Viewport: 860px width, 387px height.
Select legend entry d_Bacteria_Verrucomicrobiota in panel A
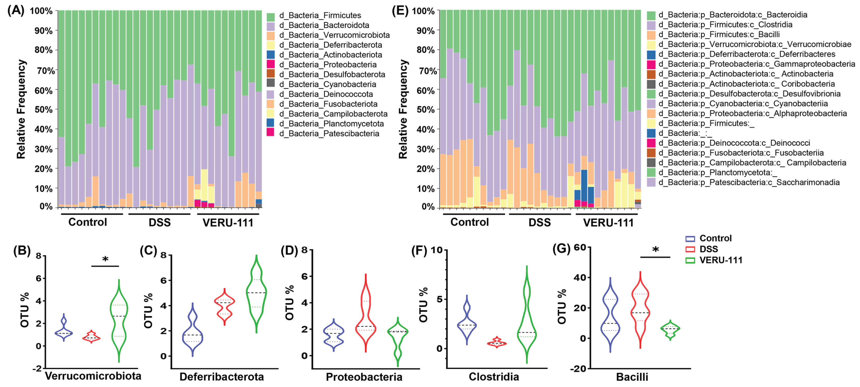pos(334,35)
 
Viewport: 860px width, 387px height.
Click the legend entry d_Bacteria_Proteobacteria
pos(327,64)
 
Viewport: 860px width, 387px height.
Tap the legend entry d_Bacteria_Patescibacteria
pos(329,134)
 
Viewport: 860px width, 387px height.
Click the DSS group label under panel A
pos(160,222)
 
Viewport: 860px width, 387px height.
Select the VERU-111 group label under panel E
pos(608,223)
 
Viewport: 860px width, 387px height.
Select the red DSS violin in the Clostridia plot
pos(497,343)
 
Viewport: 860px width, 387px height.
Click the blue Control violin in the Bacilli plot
pos(610,314)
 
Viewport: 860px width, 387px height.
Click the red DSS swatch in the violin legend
pos(690,249)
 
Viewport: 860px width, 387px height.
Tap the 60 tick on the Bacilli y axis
pos(580,247)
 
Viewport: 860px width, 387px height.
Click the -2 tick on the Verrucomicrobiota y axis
pos(37,368)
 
